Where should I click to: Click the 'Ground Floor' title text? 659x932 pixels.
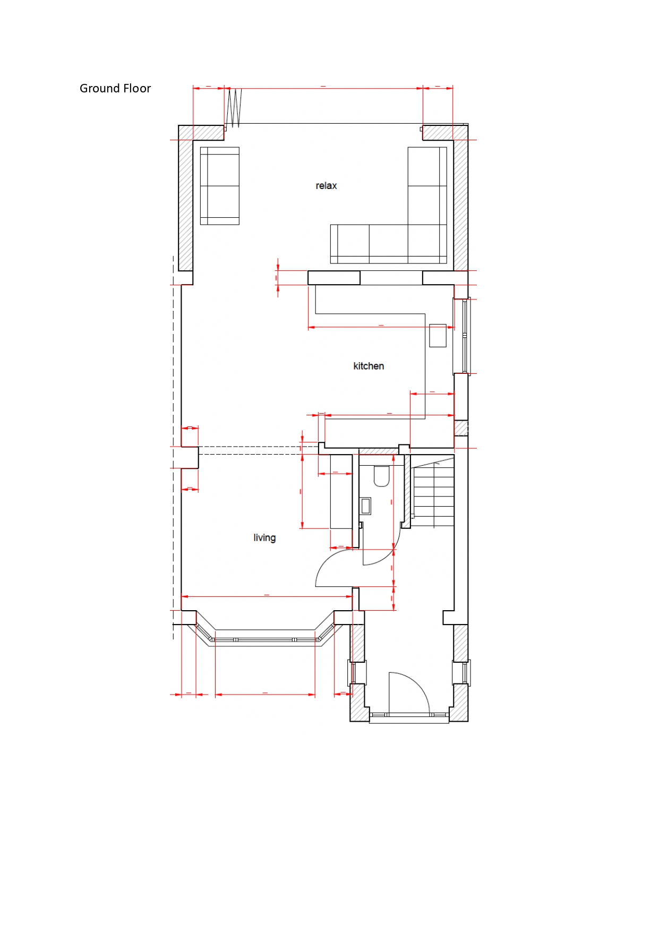click(115, 88)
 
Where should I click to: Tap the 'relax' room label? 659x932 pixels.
click(326, 186)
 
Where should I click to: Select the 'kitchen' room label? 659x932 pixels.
click(369, 366)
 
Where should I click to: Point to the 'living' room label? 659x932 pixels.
click(264, 537)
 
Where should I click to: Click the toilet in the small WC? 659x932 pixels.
click(382, 476)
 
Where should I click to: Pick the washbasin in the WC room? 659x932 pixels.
click(365, 506)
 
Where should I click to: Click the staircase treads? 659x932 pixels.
click(434, 494)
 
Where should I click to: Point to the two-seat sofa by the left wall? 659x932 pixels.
click(220, 186)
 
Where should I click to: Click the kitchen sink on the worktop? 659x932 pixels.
click(438, 335)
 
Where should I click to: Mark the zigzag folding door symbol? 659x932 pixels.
click(234, 108)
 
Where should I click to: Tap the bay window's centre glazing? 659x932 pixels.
click(265, 640)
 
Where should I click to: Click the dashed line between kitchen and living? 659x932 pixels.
click(259, 450)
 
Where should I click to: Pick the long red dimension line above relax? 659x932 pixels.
click(323, 88)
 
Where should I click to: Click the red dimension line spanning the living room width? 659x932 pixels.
click(267, 596)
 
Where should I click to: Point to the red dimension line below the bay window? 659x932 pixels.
click(265, 694)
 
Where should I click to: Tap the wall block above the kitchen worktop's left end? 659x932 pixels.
click(334, 278)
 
